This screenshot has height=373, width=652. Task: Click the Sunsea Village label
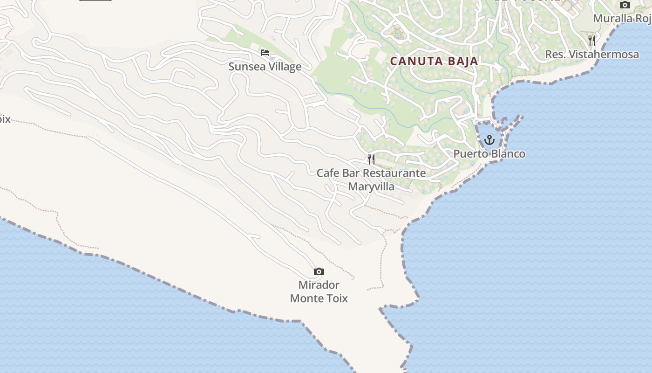click(x=265, y=67)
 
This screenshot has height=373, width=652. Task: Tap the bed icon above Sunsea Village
click(x=265, y=53)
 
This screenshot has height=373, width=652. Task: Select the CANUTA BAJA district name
click(x=434, y=61)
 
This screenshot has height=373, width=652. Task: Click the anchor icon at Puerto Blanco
click(x=489, y=139)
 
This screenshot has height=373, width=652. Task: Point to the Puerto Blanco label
click(x=489, y=154)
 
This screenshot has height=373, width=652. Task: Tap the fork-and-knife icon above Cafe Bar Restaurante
click(x=371, y=159)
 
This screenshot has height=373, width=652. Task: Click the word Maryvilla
click(x=371, y=186)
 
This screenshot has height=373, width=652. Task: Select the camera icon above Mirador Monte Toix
click(x=319, y=271)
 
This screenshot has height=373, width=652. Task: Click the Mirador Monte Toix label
click(x=319, y=291)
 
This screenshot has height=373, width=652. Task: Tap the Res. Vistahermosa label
click(x=592, y=55)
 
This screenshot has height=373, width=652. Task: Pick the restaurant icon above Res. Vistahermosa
click(x=592, y=41)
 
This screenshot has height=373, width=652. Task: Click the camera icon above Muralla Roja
click(x=625, y=5)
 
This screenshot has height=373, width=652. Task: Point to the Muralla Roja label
click(x=622, y=19)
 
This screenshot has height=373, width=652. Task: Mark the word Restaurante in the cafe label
click(x=394, y=173)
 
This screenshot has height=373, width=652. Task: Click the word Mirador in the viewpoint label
click(x=319, y=285)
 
